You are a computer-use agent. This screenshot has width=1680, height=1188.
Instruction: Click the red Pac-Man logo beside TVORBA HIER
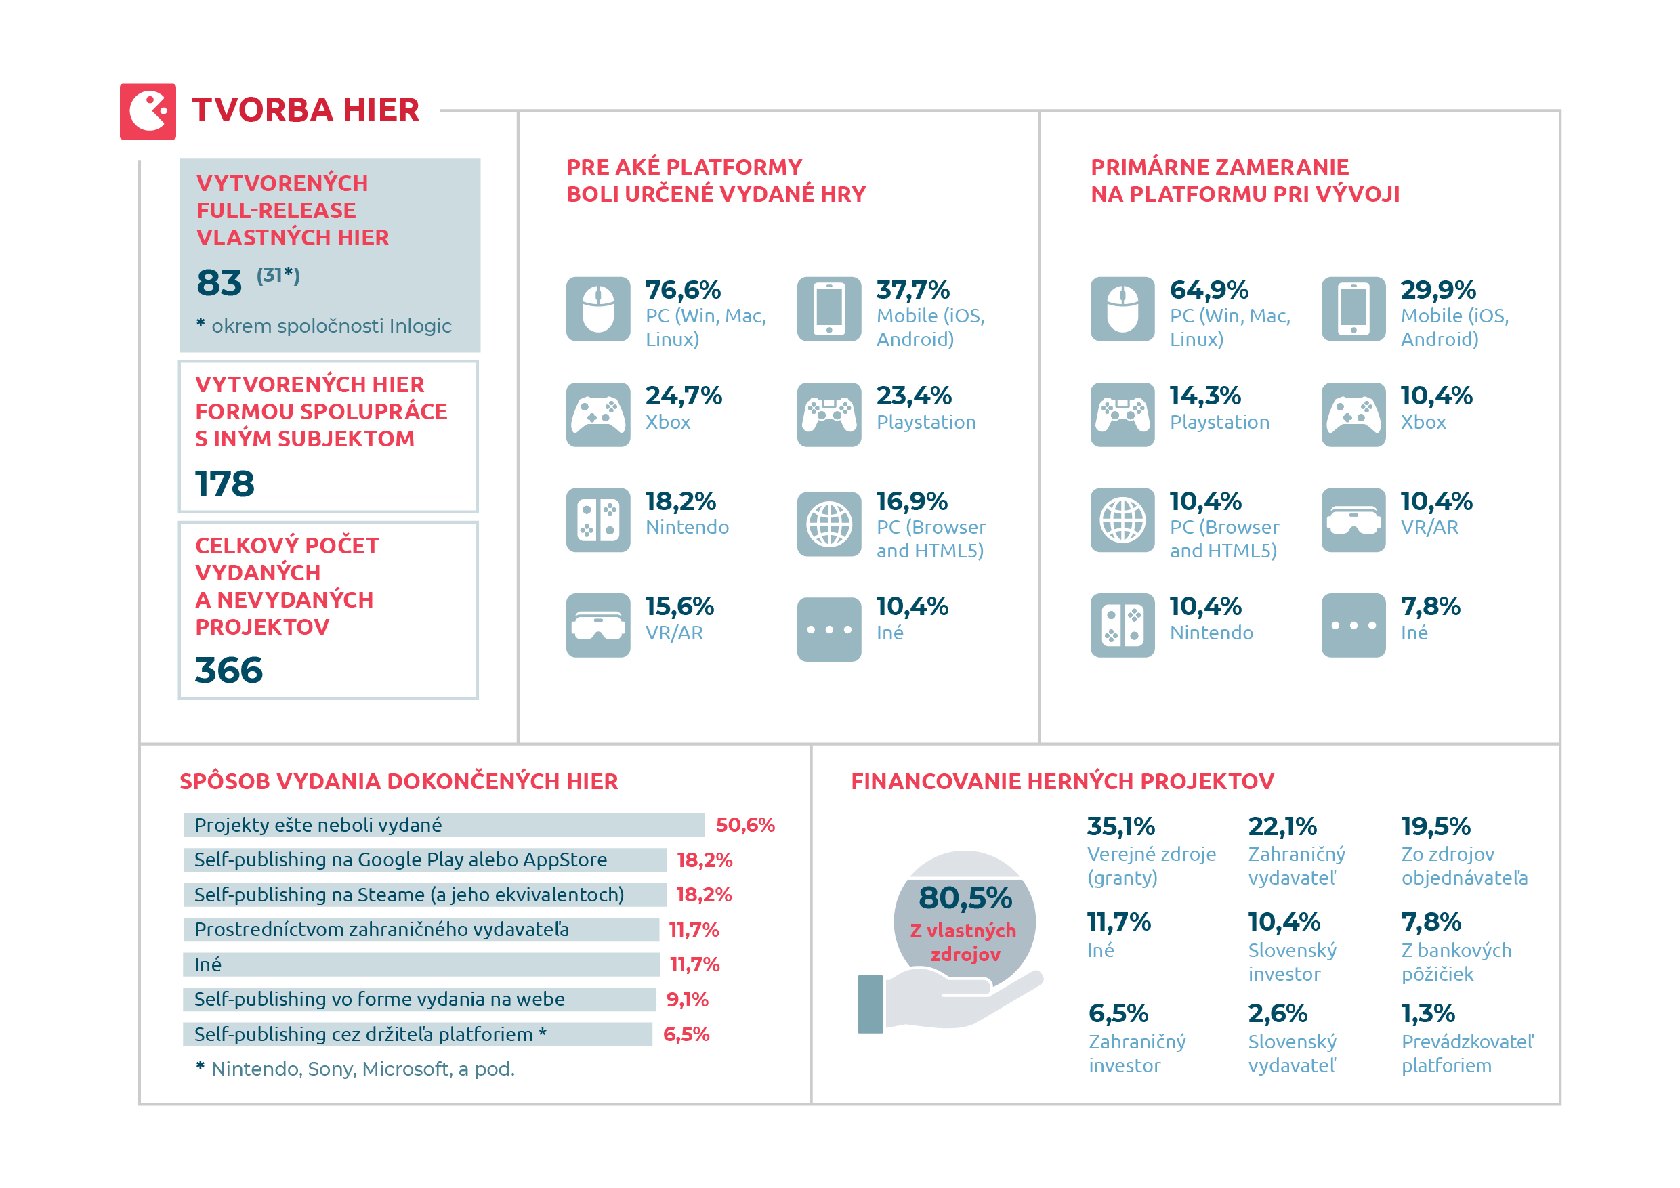[148, 111]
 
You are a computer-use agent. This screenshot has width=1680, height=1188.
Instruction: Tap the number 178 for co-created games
[225, 484]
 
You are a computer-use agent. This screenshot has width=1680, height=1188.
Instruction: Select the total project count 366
[228, 670]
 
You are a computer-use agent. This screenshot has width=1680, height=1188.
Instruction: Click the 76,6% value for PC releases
[683, 291]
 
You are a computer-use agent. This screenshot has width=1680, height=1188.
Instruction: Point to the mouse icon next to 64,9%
[1122, 309]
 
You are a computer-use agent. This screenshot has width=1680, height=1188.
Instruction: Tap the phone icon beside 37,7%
[828, 309]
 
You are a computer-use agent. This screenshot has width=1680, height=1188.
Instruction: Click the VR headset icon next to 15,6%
[597, 625]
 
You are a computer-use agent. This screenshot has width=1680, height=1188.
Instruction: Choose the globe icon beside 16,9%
[828, 524]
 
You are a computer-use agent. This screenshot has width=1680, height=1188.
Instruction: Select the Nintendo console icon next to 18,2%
[597, 520]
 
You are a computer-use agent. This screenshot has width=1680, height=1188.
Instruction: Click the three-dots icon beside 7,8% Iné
[1353, 625]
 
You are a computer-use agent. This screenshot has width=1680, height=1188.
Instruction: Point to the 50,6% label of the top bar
[745, 825]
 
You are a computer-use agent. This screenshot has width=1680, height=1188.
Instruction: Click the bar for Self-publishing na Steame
[424, 895]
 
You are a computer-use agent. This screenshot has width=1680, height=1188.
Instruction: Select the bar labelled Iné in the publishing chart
[421, 964]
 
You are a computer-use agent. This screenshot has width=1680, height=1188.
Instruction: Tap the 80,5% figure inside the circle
[965, 898]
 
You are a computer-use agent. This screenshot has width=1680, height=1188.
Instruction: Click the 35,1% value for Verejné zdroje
[1120, 826]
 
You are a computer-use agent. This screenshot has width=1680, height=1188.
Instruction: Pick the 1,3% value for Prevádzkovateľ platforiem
[1427, 1014]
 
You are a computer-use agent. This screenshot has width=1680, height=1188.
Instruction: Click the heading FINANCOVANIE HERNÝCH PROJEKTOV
[1062, 781]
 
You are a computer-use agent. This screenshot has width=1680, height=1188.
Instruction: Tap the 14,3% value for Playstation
[1205, 396]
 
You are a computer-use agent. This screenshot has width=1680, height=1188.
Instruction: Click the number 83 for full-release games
[219, 283]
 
